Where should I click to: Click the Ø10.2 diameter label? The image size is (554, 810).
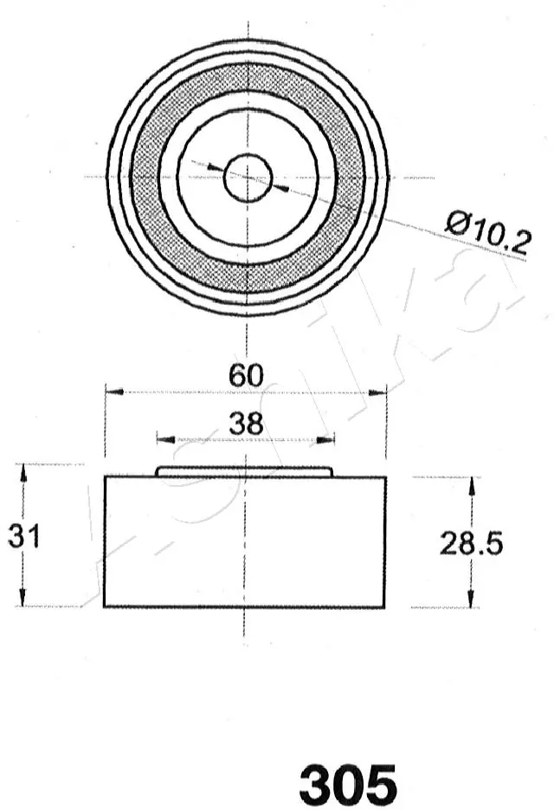click(x=486, y=232)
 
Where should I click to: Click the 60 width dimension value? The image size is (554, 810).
click(x=246, y=376)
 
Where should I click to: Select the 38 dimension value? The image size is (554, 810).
click(x=246, y=424)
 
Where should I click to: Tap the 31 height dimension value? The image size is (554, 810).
click(x=24, y=536)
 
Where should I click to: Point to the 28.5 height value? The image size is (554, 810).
click(x=471, y=543)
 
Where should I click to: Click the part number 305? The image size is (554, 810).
click(x=348, y=784)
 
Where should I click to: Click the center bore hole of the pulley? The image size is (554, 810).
click(x=248, y=177)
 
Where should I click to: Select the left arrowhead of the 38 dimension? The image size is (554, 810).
click(x=164, y=440)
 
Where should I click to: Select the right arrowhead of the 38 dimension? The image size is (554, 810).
click(x=328, y=440)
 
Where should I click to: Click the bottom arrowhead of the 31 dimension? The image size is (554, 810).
click(x=24, y=599)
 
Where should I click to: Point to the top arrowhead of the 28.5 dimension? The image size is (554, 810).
click(x=471, y=483)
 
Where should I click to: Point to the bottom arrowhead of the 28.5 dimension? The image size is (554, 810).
click(x=471, y=600)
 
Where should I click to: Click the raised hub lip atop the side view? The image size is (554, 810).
click(x=244, y=471)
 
